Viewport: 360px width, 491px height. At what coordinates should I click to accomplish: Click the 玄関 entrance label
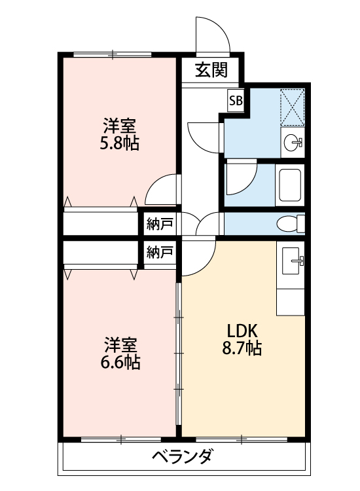click(211, 69)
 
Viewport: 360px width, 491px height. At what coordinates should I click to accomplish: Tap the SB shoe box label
click(236, 100)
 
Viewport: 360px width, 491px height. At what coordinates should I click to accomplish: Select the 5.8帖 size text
click(118, 143)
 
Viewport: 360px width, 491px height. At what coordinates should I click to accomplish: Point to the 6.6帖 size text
click(120, 361)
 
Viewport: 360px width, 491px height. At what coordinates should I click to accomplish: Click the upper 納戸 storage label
click(160, 224)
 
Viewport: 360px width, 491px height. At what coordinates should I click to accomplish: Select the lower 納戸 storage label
click(160, 252)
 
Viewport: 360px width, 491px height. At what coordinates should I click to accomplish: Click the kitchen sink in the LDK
click(292, 262)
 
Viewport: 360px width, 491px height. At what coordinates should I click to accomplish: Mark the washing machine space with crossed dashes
click(293, 105)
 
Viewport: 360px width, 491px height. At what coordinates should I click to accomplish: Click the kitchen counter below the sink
click(292, 298)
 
